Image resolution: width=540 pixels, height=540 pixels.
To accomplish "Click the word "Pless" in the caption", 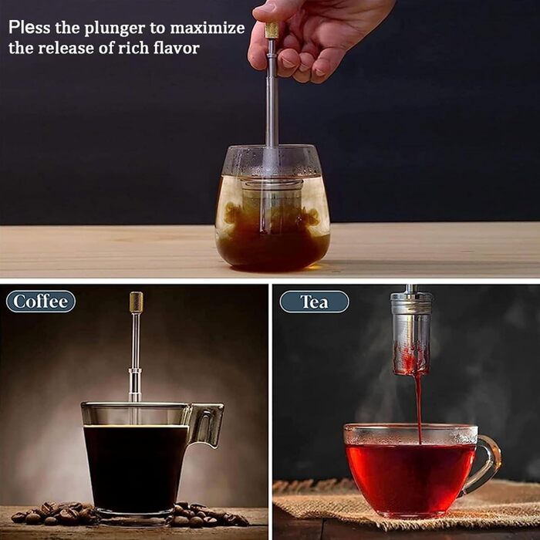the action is [x=29, y=27].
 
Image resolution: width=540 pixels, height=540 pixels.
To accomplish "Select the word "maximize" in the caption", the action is [x=208, y=28].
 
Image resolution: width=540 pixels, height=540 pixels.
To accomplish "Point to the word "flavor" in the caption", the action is [x=177, y=48].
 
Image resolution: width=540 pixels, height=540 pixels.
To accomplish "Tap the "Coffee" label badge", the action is [x=41, y=302].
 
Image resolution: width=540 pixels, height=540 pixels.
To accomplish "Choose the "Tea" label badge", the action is [x=314, y=302].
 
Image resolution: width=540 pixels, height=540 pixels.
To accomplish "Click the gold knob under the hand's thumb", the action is [x=272, y=30].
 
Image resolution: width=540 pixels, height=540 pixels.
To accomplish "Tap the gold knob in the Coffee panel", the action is [x=137, y=302].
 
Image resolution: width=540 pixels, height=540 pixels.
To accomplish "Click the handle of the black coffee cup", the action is [x=207, y=426].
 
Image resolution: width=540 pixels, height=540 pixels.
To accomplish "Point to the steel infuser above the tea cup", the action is [x=411, y=333].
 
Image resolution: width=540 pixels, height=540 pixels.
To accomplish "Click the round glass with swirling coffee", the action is [x=272, y=208].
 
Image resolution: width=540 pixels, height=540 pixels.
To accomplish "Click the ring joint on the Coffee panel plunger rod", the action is [x=135, y=373].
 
